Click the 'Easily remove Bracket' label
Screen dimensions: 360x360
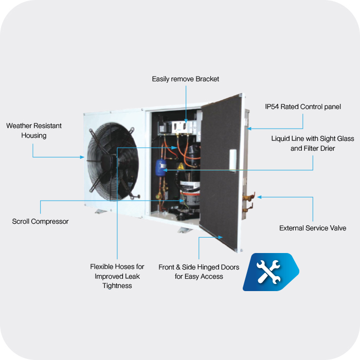tap(186, 79)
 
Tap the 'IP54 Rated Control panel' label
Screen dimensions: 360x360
tap(303, 107)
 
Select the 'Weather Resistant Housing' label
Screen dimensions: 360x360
tap(34, 131)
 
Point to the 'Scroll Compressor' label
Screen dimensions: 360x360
tap(40, 221)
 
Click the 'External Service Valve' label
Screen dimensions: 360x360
tap(313, 228)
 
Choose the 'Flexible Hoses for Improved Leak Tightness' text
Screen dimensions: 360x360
tap(117, 276)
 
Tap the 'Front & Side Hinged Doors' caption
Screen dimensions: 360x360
tap(199, 267)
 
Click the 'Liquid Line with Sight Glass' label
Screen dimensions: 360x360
tap(313, 139)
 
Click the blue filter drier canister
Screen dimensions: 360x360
tap(161, 167)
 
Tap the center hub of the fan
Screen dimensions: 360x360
tap(109, 161)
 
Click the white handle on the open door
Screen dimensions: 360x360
tap(233, 160)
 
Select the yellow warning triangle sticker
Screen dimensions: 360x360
tap(181, 166)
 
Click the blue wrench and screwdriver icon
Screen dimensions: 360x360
tap(271, 272)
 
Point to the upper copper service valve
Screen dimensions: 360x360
tap(248, 197)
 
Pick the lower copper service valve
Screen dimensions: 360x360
tap(248, 208)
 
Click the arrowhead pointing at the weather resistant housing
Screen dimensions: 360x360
tap(82, 157)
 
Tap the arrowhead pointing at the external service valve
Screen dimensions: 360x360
tap(259, 197)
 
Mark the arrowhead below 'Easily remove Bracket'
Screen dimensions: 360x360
tap(186, 121)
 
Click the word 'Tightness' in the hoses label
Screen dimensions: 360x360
tap(117, 286)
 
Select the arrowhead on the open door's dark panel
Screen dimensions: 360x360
tap(221, 237)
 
